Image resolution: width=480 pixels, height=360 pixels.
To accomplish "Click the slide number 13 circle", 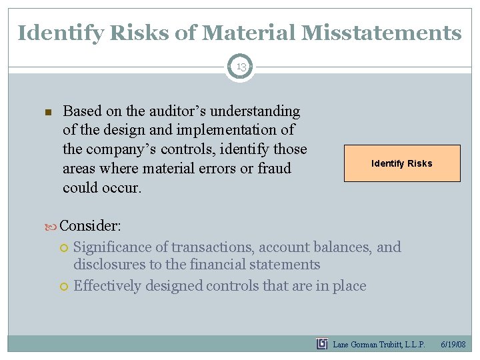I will (240, 67).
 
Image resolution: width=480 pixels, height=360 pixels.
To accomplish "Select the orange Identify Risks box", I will (401, 163).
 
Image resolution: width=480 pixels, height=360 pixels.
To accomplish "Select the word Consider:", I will (90, 225).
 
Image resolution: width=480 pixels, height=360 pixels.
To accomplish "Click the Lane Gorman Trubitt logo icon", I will (322, 344).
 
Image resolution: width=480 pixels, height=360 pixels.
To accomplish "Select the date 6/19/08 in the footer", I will (453, 344).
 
